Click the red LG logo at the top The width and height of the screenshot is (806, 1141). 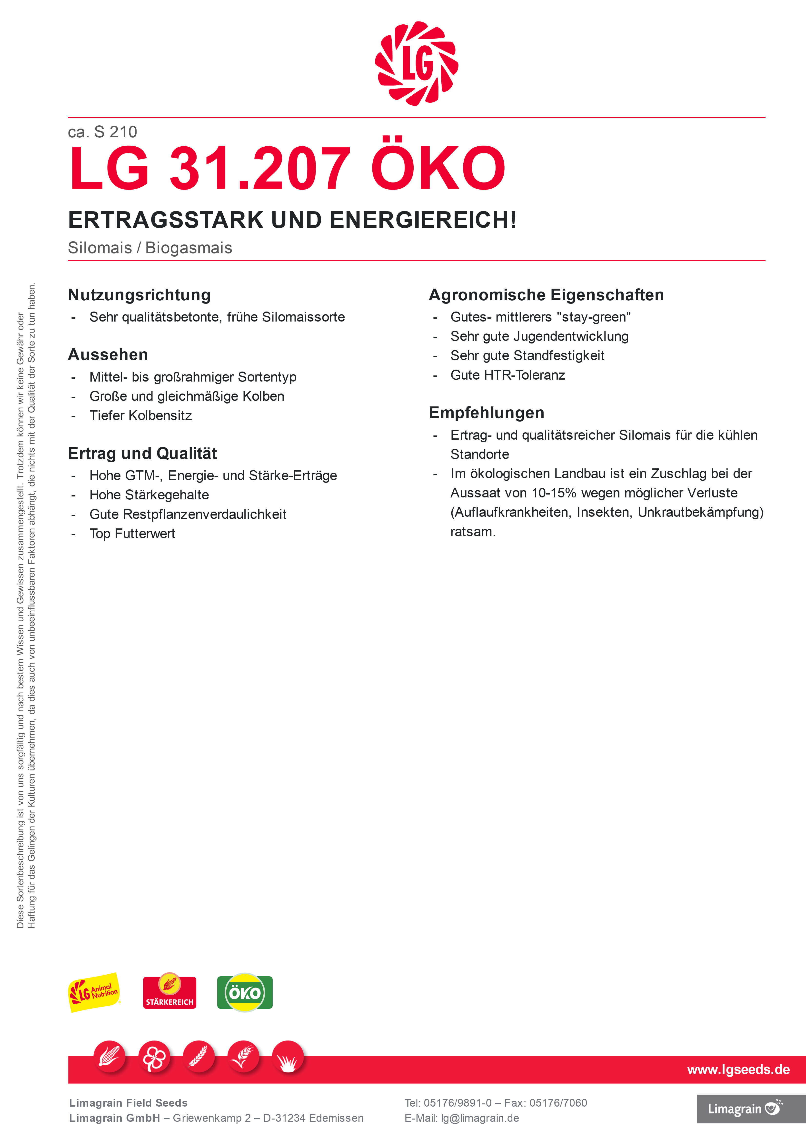[417, 64]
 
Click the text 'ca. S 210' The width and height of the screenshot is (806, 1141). [102, 132]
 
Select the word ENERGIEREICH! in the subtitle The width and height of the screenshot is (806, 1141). [423, 220]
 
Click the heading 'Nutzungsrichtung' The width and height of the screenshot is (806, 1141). [139, 295]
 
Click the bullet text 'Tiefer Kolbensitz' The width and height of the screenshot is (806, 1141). [141, 415]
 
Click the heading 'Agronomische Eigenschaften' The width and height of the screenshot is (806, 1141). [546, 295]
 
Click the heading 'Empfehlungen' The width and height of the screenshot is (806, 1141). [487, 413]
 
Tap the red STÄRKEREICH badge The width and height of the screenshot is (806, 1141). [169, 992]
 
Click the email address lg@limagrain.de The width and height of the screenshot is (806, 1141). [480, 1118]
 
